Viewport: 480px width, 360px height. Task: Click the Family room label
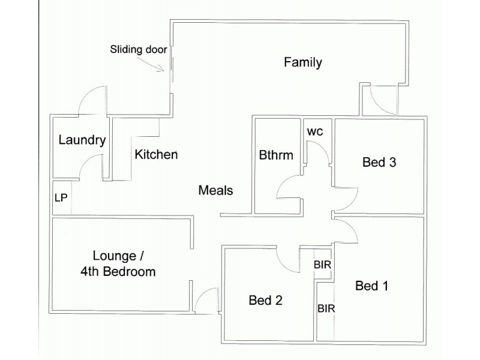coord(303,62)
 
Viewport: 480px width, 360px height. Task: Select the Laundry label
coord(82,140)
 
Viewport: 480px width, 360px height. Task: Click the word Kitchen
coord(156,154)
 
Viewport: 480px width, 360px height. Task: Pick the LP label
coord(60,197)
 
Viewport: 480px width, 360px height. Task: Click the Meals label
coord(215,191)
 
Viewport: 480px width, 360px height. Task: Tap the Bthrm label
coord(276,155)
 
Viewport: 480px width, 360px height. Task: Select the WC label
coord(315,131)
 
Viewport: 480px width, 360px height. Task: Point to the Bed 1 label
coord(371,286)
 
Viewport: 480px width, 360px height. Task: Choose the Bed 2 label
coord(265,300)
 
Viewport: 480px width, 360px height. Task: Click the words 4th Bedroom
coord(118,271)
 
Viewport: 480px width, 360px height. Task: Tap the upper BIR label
coord(323,264)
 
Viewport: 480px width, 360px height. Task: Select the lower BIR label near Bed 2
coord(326,308)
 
